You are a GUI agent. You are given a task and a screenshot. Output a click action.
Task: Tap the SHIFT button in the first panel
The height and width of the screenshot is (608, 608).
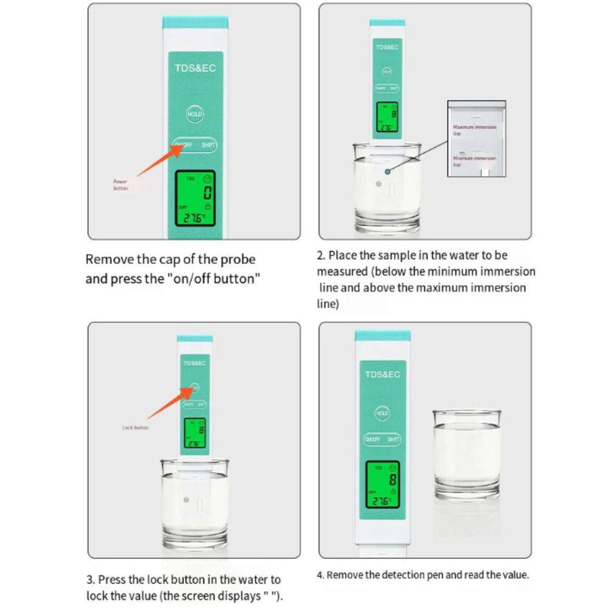point(208,145)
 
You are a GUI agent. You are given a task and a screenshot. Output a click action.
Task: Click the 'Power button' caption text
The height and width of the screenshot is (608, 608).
point(120,185)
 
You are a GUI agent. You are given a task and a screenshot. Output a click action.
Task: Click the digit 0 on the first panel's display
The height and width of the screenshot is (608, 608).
point(207,195)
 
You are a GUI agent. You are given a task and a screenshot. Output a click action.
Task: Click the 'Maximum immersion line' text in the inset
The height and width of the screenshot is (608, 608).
point(474,130)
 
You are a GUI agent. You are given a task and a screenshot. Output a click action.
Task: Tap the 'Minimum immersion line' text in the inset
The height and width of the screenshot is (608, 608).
point(474,161)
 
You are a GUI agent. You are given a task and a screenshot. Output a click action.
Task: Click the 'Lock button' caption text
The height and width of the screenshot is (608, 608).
point(135,428)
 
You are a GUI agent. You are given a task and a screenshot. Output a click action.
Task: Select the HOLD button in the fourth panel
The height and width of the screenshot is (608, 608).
point(382,413)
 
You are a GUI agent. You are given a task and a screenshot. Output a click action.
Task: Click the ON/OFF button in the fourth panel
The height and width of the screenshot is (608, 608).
point(372,440)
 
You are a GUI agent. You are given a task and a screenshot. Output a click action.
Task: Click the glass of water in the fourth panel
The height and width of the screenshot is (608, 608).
point(466,452)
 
